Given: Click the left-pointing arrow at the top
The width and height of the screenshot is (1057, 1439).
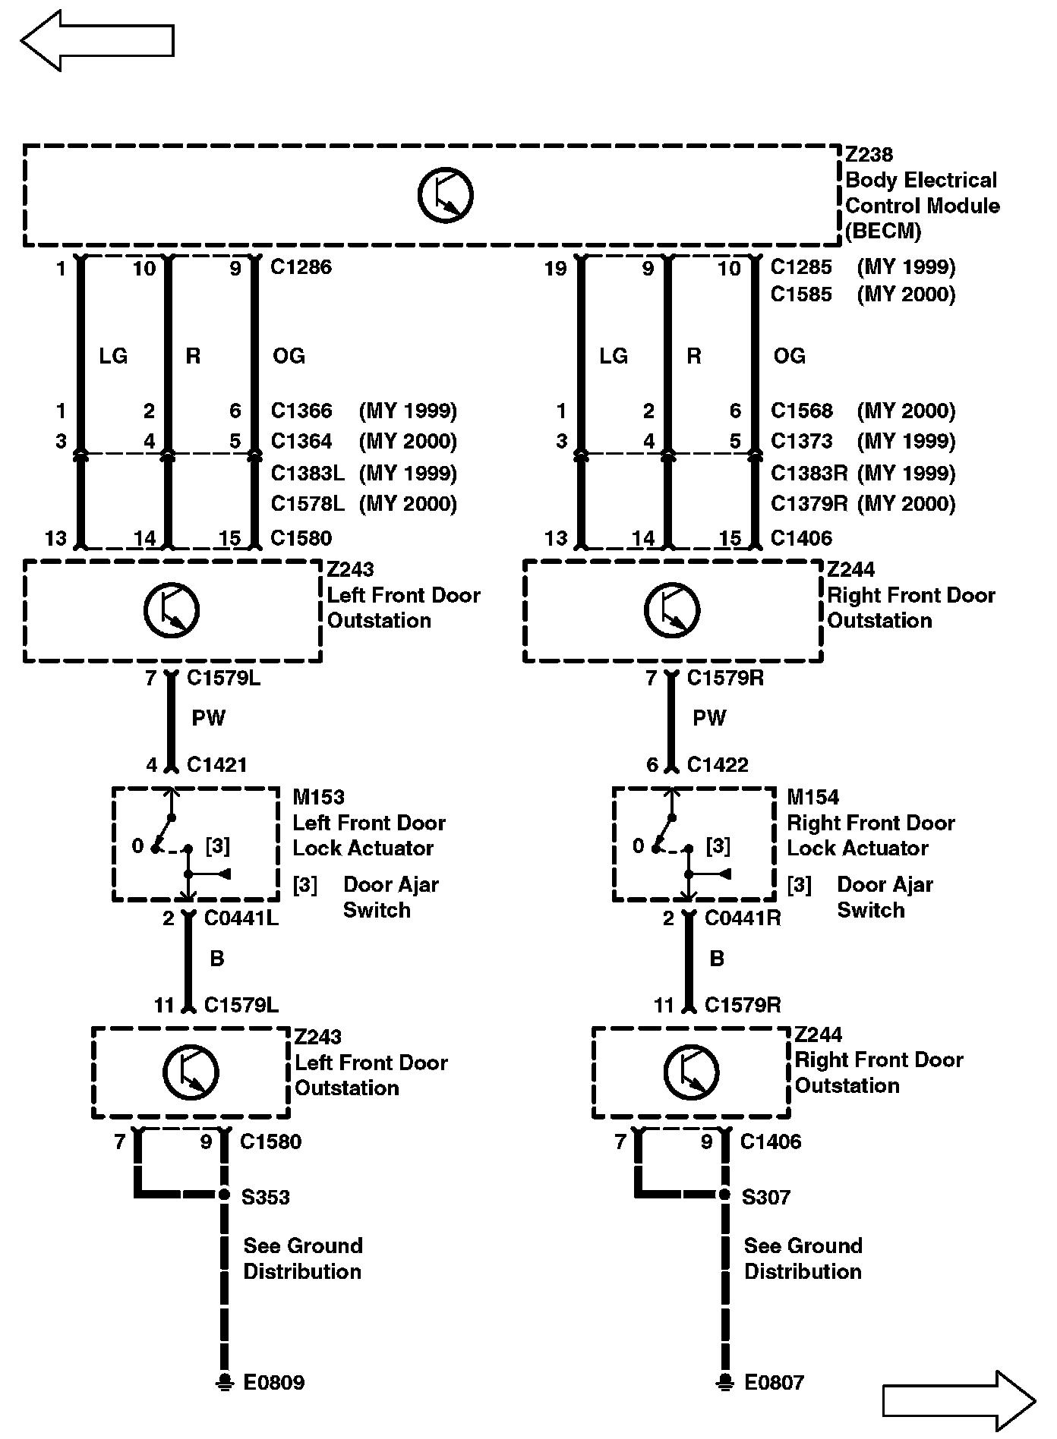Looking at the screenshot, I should [97, 41].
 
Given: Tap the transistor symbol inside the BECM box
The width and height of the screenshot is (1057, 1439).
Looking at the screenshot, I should [446, 195].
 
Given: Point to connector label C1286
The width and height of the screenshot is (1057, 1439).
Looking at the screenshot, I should [301, 267].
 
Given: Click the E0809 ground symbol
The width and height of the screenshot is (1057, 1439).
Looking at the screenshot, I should [224, 1381].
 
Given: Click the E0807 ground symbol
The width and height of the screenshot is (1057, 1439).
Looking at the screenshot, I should [725, 1381].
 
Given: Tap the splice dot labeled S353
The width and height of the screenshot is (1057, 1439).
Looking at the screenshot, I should [224, 1195].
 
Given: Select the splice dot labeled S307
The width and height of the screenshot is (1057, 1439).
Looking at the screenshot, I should [725, 1195].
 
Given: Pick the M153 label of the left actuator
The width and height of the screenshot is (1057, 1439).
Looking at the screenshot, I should [319, 798].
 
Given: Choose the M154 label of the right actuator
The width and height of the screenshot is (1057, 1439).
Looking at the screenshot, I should [812, 798].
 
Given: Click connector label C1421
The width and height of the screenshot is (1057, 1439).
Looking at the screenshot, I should [217, 765].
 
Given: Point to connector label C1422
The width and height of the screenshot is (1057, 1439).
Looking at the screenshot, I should [718, 765].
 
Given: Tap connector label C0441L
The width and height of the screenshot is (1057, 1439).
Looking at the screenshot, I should [241, 918].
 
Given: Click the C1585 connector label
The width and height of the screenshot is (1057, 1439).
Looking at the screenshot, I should [801, 294].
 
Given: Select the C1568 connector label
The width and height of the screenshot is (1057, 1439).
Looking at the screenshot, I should [801, 411].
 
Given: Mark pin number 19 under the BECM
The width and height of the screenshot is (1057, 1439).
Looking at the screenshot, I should [556, 269].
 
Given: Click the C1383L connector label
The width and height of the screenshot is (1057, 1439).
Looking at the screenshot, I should [308, 474].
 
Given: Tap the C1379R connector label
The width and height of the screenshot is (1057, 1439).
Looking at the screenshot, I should [809, 504].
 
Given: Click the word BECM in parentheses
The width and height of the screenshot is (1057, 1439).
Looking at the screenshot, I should [883, 231].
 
